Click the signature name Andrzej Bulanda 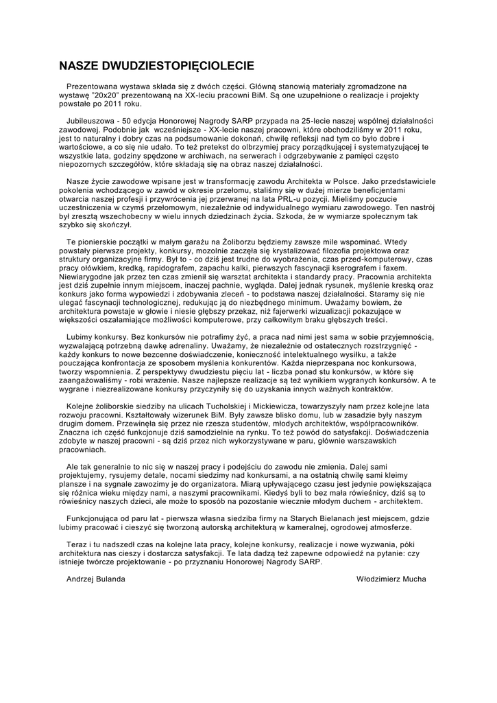96,579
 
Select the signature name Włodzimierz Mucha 391,579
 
